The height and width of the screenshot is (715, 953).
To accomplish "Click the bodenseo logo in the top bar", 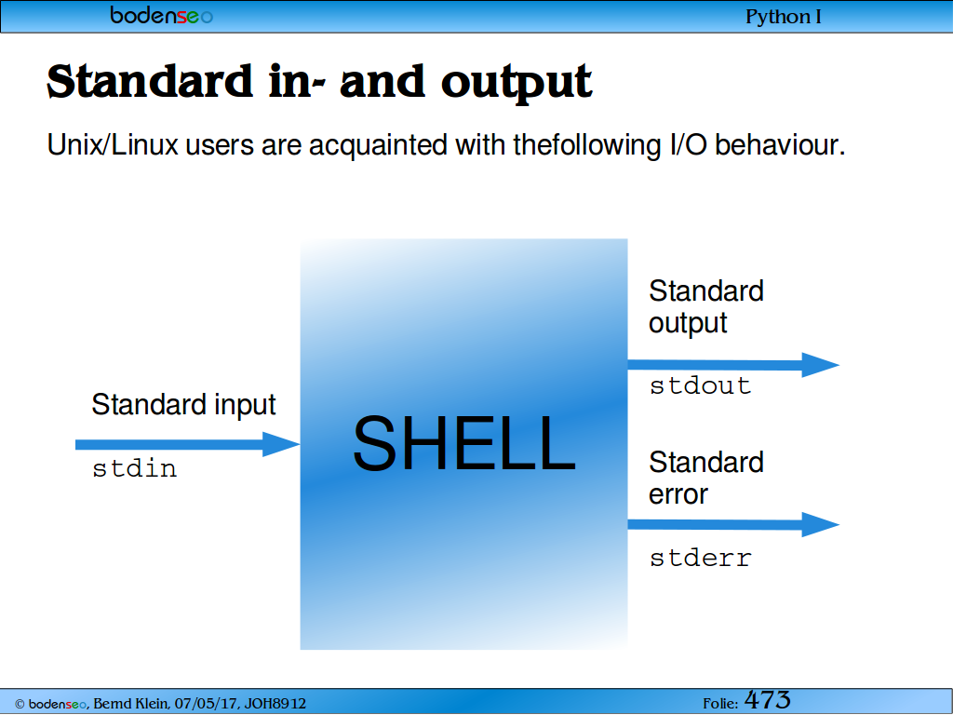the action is point(161,15).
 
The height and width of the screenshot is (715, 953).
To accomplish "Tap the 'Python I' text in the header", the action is point(784,17).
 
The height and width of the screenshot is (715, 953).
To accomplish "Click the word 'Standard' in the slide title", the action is point(150,81).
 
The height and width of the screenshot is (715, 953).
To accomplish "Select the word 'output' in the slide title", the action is point(517,83).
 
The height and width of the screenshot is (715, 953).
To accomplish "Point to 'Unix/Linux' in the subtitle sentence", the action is point(113,145).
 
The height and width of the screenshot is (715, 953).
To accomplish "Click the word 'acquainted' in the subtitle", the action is point(378,146).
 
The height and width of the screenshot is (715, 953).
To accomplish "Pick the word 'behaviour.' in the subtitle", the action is point(780,145).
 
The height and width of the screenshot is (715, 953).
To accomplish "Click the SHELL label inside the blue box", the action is point(463,443).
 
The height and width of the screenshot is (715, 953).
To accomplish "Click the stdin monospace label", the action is point(134,469).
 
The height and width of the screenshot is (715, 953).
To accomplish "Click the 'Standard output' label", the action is point(706,307).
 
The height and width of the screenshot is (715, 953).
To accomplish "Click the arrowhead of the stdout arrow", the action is point(821,365).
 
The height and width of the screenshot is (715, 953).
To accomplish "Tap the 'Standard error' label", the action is point(706,479).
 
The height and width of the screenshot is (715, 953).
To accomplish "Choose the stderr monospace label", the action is point(700,559).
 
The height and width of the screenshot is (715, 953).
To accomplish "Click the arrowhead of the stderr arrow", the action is point(821,525).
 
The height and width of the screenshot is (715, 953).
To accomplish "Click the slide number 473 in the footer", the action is point(768,700).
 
